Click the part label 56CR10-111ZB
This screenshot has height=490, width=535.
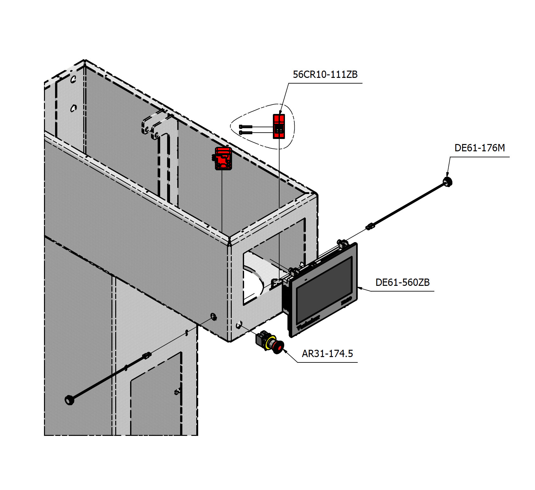tap(325, 75)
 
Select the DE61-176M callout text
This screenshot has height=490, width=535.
tap(479, 148)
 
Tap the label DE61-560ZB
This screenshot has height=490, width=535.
tap(402, 282)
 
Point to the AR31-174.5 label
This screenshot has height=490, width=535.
tap(327, 354)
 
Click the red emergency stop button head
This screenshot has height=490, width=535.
tap(279, 348)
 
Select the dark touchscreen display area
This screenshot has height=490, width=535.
tap(324, 290)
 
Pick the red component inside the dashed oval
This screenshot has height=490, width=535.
tap(279, 126)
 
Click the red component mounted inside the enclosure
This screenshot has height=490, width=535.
tap(223, 158)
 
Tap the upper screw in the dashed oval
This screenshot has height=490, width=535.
tap(246, 127)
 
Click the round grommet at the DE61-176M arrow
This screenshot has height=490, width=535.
tap(448, 182)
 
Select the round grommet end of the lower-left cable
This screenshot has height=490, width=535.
tap(69, 400)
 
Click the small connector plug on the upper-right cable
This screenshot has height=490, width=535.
tap(370, 226)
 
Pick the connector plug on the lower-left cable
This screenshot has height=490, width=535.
tap(147, 355)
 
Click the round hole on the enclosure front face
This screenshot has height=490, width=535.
tap(239, 324)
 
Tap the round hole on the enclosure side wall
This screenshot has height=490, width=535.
tap(214, 316)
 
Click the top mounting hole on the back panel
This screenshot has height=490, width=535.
tap(73, 79)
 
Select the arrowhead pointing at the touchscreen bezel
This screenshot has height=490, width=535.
tap(360, 288)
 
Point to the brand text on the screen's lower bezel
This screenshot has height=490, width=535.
tap(308, 323)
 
